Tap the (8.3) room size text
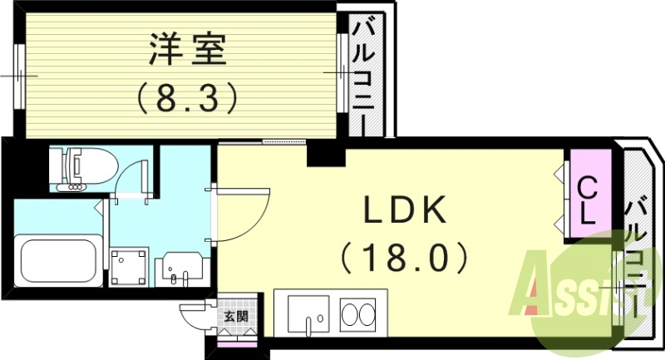tap(188, 99)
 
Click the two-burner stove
tap(361, 315)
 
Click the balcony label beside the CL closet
tap(638, 249)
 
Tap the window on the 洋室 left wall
tap(19, 73)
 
